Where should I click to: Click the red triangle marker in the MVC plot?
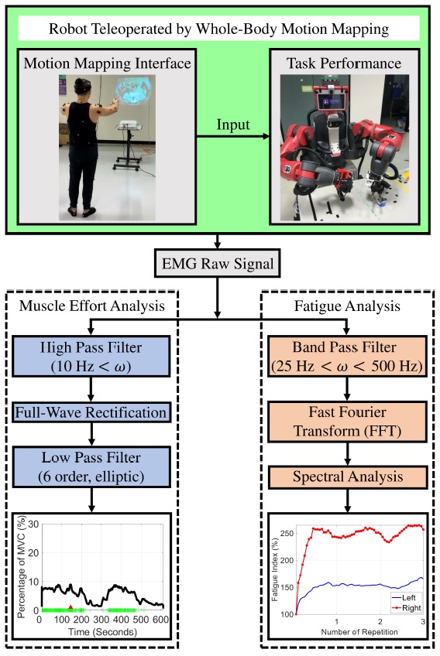(70, 606)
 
